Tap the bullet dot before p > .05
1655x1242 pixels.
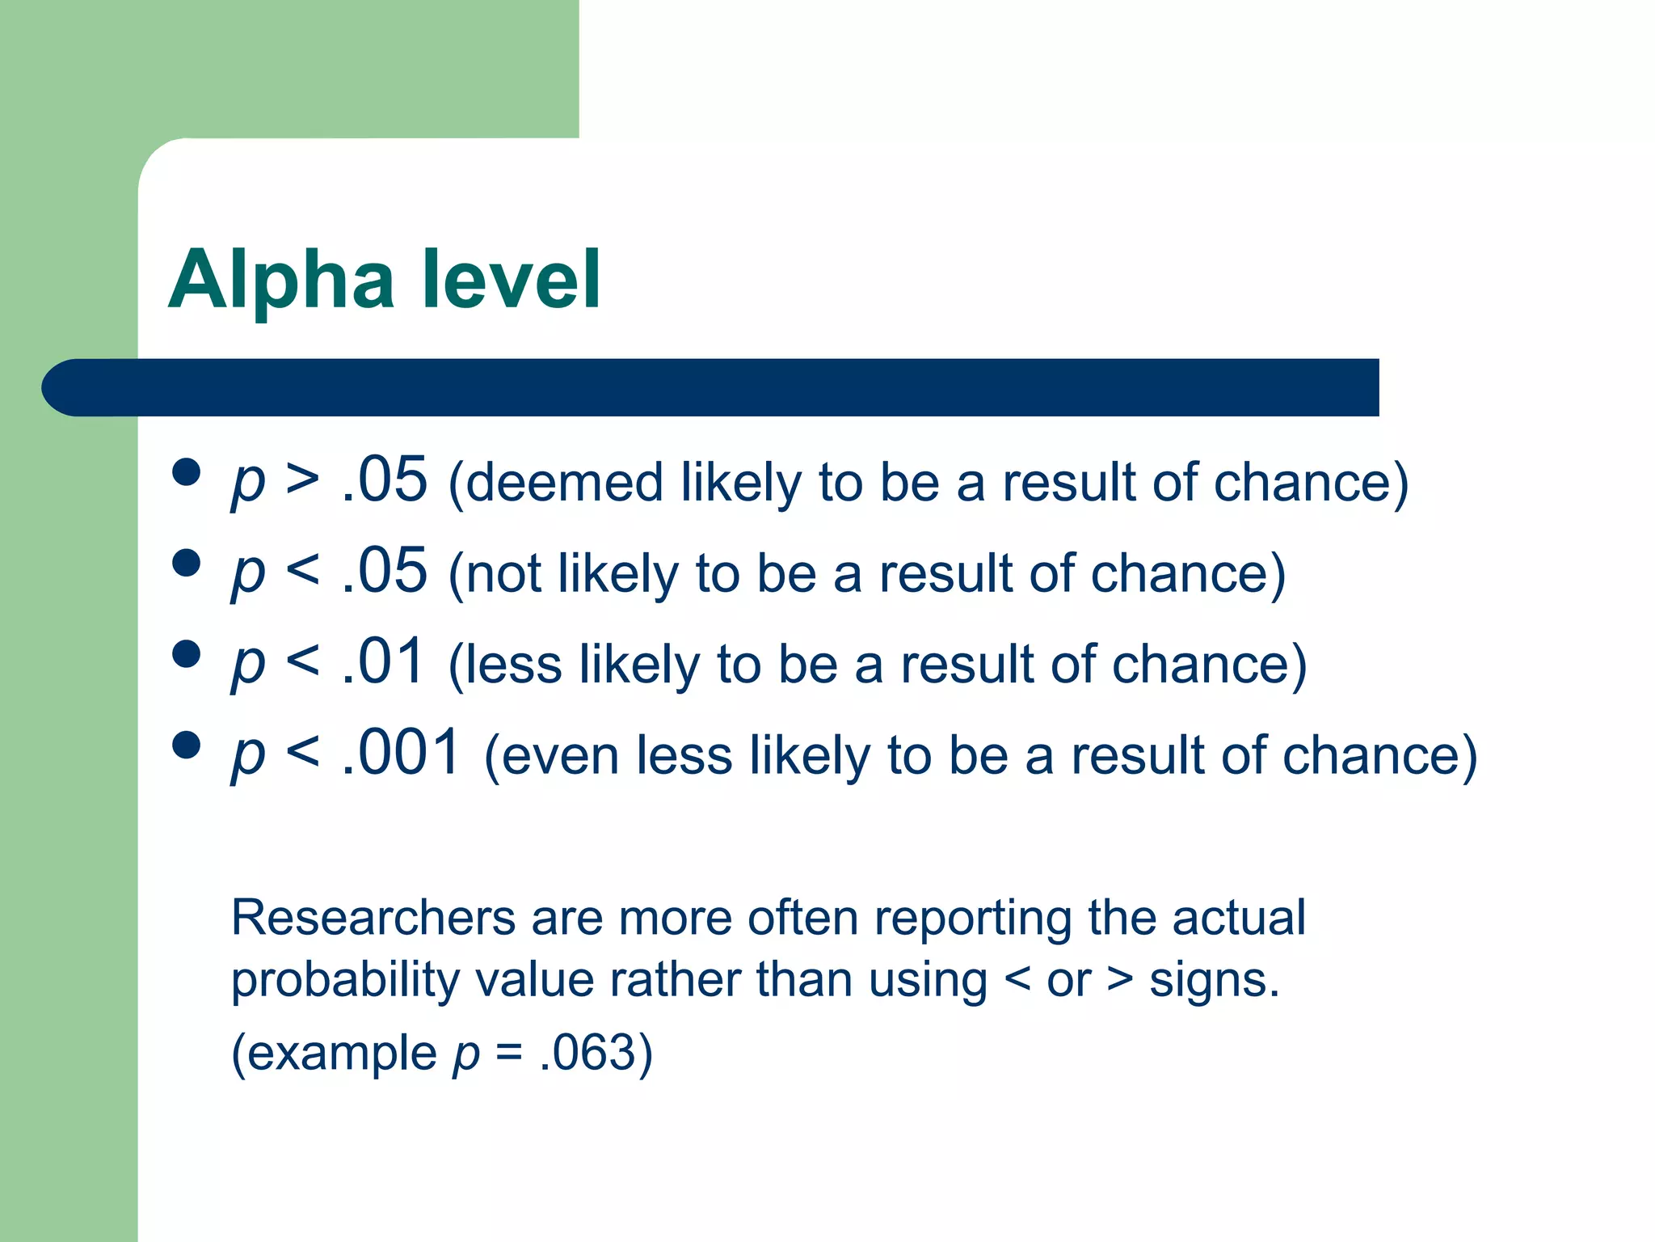coord(187,472)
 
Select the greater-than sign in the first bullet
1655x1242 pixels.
coord(302,480)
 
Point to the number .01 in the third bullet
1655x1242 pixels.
coord(384,662)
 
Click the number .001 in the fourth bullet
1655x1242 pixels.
coord(402,753)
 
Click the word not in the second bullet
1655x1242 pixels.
coord(503,574)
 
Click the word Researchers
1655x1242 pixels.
coord(373,919)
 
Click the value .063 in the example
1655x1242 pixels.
coord(587,1053)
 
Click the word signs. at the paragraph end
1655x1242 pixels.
coord(1214,981)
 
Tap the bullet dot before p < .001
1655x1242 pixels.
coord(187,745)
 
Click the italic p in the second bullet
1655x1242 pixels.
coord(248,574)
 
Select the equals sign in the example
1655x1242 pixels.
coord(509,1054)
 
